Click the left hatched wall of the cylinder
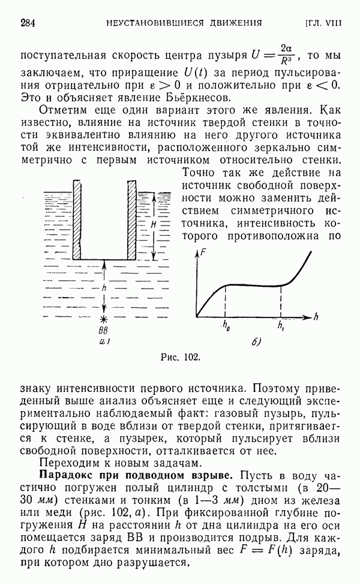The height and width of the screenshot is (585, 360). tap(77, 218)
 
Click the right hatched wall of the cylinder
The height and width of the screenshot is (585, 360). tap(132, 218)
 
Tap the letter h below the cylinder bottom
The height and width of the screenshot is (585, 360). tap(105, 288)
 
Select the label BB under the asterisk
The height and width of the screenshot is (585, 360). tap(104, 331)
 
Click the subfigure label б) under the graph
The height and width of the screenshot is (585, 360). tap(255, 343)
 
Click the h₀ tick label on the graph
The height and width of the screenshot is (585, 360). tap(225, 327)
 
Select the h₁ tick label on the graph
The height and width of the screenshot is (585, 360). tap(281, 327)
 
